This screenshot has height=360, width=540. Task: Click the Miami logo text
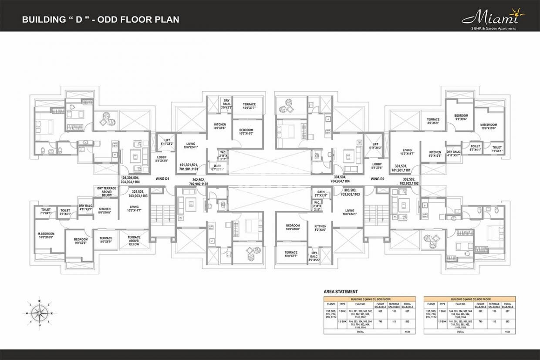tap(490, 18)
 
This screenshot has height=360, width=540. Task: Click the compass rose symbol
tap(39, 312)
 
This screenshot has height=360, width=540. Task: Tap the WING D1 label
tap(162, 179)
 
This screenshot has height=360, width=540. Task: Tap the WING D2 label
tap(378, 179)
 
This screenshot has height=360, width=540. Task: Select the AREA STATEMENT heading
tap(341, 291)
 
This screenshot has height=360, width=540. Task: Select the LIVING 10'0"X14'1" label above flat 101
tap(190, 145)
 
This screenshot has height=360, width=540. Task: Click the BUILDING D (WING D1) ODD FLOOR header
tap(369, 299)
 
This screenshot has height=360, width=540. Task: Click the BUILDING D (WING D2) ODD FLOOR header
tap(469, 299)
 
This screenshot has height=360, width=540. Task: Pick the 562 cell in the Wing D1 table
tap(380, 312)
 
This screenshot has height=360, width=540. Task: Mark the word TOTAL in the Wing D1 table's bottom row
tap(361, 331)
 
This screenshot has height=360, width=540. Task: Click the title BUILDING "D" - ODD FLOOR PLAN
tap(101, 20)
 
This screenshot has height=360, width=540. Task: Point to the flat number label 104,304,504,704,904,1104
tap(130, 180)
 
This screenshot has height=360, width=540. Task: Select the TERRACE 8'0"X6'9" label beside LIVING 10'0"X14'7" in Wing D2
tap(433, 121)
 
